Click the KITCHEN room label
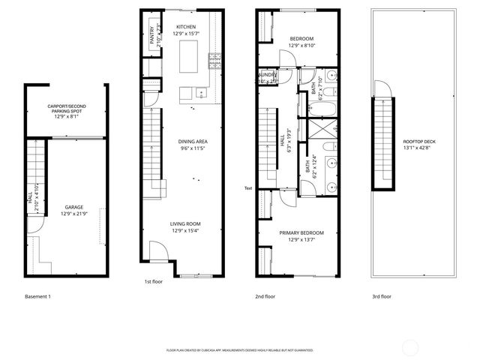click(x=185, y=27)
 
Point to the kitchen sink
click(x=200, y=93)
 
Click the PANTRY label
click(x=152, y=35)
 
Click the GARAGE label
click(x=73, y=207)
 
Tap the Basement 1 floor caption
click(x=37, y=297)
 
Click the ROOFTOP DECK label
click(x=418, y=143)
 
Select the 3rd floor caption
click(x=382, y=297)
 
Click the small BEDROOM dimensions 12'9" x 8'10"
click(x=301, y=46)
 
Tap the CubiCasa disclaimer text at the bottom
click(x=239, y=350)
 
